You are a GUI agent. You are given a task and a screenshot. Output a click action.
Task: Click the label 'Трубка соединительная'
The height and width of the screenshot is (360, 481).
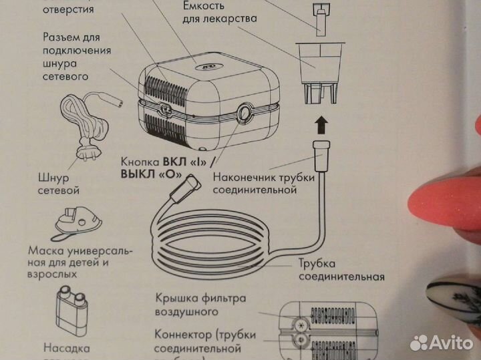pos(341,270)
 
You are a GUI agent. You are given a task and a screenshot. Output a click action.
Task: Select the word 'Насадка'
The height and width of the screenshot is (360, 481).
pos(66,347)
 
